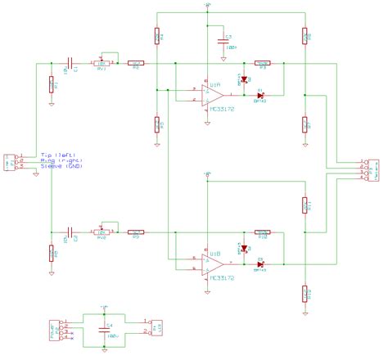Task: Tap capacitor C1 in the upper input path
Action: click(72, 62)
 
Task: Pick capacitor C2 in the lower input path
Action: click(72, 232)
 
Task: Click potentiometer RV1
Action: click(102, 62)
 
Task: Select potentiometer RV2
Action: click(102, 232)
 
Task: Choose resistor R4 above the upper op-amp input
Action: click(156, 36)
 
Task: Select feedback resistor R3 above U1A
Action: click(263, 62)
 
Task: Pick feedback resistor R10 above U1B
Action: click(263, 232)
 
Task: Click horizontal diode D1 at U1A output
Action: click(260, 94)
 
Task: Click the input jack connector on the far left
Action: click(11, 161)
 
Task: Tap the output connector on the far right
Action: click(369, 170)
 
